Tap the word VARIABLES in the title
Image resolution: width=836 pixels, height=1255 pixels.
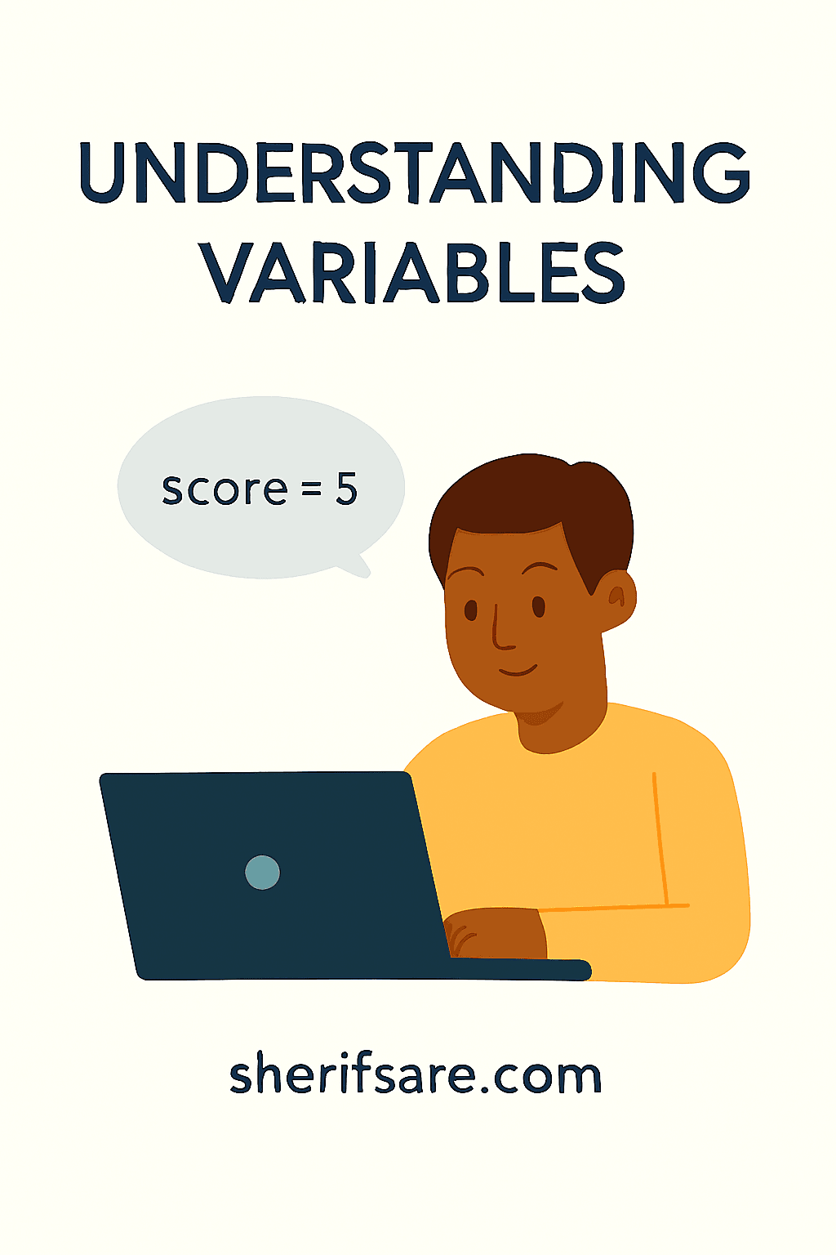pos(415,273)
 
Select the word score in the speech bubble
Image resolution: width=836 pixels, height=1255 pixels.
pos(225,489)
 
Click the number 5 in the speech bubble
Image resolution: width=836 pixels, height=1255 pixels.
pos(347,489)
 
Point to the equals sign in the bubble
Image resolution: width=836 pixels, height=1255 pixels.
pos(312,490)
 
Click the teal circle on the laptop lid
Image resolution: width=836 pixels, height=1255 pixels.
pos(262,873)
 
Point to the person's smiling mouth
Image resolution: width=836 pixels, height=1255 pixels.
pos(518,672)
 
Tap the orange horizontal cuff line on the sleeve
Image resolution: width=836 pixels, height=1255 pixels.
pos(612,907)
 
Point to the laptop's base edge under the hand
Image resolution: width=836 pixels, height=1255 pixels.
pos(522,969)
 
